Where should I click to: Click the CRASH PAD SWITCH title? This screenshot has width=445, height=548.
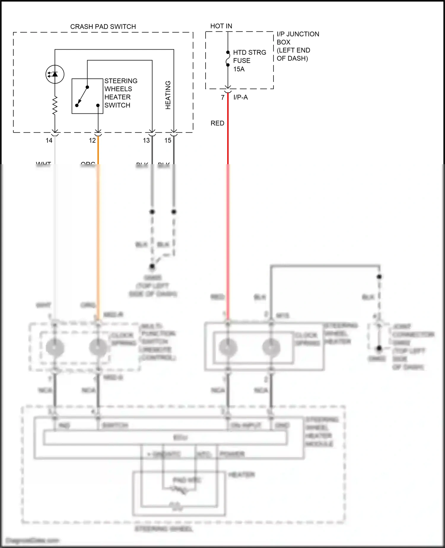click(103, 27)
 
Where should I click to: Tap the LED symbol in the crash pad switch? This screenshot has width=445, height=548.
click(55, 74)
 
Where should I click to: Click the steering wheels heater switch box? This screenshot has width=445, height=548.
click(87, 96)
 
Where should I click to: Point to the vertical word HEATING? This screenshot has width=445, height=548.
click(168, 95)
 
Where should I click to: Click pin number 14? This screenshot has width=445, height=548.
click(49, 140)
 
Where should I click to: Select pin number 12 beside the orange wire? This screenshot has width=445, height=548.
click(92, 140)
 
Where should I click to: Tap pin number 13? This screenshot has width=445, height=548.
click(146, 140)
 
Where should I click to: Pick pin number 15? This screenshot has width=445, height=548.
click(168, 140)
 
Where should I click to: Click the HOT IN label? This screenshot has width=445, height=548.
click(221, 26)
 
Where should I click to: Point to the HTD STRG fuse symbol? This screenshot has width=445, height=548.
click(228, 58)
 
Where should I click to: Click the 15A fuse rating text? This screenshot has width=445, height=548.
click(239, 69)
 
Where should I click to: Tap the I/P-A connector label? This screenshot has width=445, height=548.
click(241, 97)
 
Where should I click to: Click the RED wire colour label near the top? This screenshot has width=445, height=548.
click(217, 123)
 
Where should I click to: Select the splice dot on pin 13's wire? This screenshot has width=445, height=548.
click(152, 212)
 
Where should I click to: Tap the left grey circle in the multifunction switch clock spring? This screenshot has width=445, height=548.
click(55, 347)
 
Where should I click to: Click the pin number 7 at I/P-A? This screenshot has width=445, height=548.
click(223, 97)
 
